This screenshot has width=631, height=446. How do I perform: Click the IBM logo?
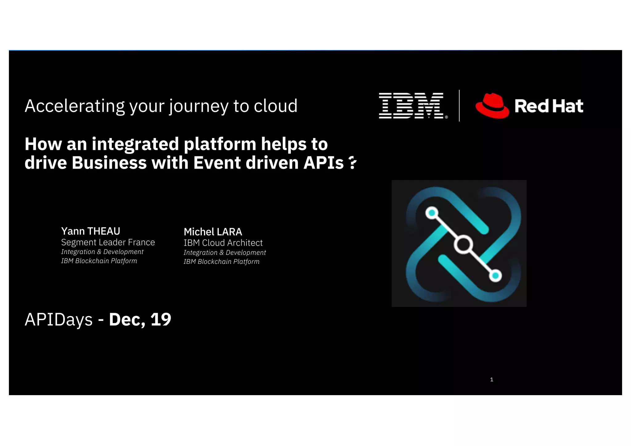[411, 106]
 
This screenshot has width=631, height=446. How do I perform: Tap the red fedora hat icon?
[492, 106]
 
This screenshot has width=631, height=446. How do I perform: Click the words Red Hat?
[549, 106]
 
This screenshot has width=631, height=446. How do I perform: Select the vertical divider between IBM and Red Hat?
[459, 106]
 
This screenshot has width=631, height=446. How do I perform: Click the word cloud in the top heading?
[275, 106]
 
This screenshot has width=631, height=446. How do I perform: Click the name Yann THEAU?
[91, 231]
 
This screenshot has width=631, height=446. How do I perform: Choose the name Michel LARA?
[213, 232]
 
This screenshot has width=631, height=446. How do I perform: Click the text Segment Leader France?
[108, 242]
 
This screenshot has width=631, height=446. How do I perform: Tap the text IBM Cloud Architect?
[223, 243]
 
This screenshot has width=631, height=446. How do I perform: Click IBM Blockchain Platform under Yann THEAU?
[99, 261]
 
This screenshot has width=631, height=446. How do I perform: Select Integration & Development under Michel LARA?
[225, 252]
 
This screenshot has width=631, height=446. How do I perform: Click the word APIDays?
[59, 320]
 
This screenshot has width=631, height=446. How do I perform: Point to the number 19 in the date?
[161, 319]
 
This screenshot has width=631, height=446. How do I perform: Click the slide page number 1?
[491, 379]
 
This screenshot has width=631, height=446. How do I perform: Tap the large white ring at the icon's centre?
[463, 245]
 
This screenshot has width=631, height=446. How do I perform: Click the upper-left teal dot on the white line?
[432, 213]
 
